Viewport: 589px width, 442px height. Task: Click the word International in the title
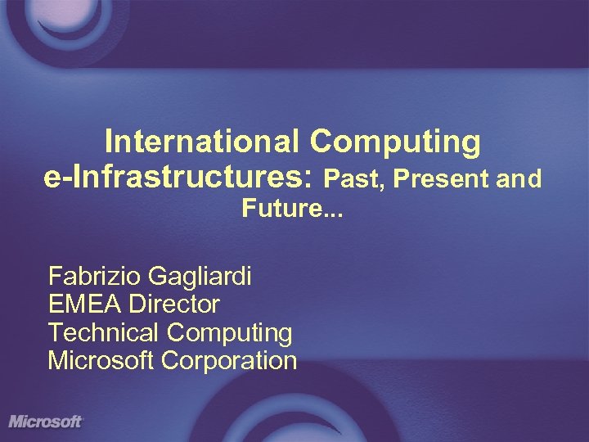pyautogui.click(x=202, y=142)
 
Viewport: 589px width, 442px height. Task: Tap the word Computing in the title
pyautogui.click(x=395, y=143)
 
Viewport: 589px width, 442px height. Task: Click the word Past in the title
pyautogui.click(x=351, y=178)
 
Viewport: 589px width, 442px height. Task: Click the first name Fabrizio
pyautogui.click(x=95, y=277)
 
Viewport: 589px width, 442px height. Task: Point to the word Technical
pyautogui.click(x=103, y=333)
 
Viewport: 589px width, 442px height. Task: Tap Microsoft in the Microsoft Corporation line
pyautogui.click(x=101, y=361)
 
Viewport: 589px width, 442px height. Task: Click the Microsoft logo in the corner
pyautogui.click(x=46, y=422)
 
